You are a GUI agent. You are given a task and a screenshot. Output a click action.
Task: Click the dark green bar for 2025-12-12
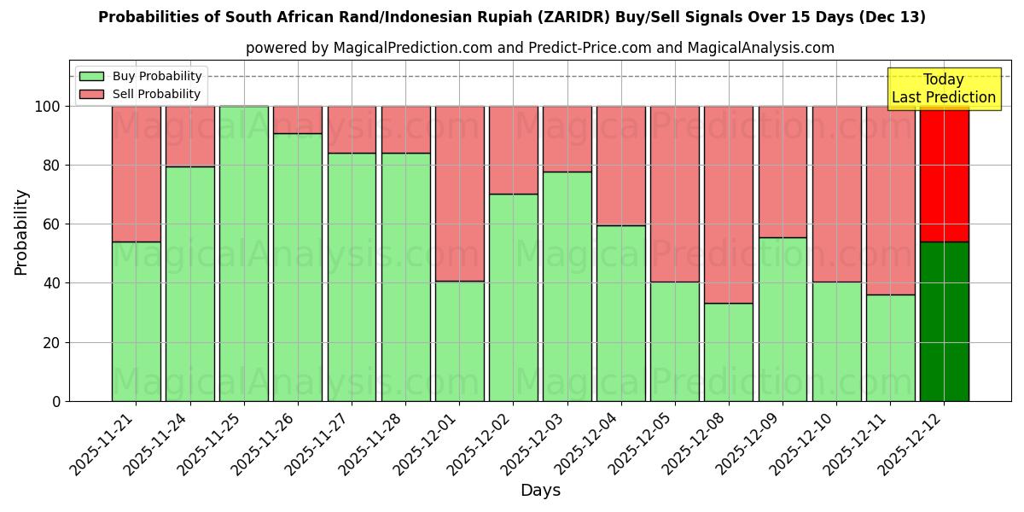[x=944, y=321]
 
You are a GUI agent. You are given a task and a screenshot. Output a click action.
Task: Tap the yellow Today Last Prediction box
[x=943, y=89]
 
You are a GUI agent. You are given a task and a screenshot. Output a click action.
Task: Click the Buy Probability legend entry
[x=140, y=76]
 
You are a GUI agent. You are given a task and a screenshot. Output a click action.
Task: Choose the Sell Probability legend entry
[x=140, y=94]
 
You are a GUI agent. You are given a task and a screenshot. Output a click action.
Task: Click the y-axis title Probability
[x=21, y=232]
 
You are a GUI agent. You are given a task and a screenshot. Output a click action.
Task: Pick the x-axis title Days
[x=540, y=491]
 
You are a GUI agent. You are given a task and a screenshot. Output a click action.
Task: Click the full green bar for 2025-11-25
[x=244, y=253]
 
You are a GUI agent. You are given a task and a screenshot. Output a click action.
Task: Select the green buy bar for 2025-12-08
[x=729, y=352]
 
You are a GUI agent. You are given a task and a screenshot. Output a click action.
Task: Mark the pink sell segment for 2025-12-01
[x=459, y=194]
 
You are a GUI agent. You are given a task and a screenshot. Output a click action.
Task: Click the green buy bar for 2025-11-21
[x=136, y=321]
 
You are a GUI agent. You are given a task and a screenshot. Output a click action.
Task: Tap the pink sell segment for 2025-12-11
[x=890, y=201]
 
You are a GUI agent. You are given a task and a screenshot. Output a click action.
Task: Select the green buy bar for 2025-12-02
[x=513, y=297]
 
